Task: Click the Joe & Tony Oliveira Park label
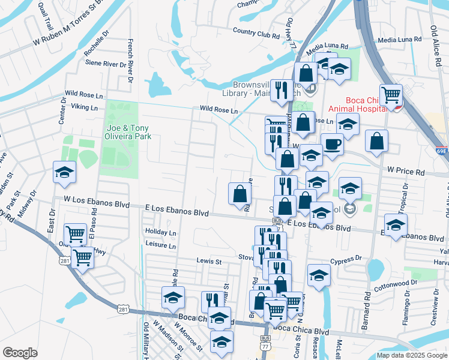[x=128, y=131]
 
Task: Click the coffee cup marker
[x=332, y=144]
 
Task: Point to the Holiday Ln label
[x=160, y=232]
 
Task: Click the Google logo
[x=20, y=353]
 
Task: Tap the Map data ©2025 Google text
[x=411, y=355]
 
